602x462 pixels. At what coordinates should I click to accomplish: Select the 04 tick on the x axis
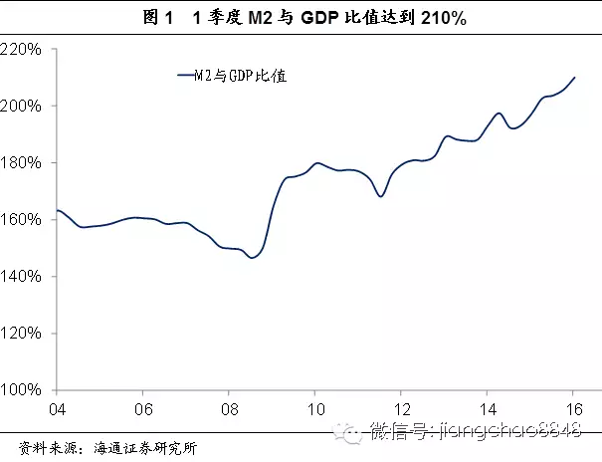(x=58, y=409)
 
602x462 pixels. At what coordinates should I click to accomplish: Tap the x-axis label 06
(x=144, y=409)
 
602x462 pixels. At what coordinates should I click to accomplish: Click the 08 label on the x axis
(x=230, y=409)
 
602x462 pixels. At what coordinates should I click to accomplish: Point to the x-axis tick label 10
(x=315, y=409)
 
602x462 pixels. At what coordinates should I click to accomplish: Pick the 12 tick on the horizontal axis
(x=402, y=409)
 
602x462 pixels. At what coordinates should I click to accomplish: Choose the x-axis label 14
(x=489, y=409)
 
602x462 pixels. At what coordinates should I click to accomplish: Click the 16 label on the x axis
(x=574, y=409)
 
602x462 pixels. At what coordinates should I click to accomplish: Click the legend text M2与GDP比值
(x=240, y=76)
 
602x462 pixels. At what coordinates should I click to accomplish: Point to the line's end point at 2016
(x=574, y=78)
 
